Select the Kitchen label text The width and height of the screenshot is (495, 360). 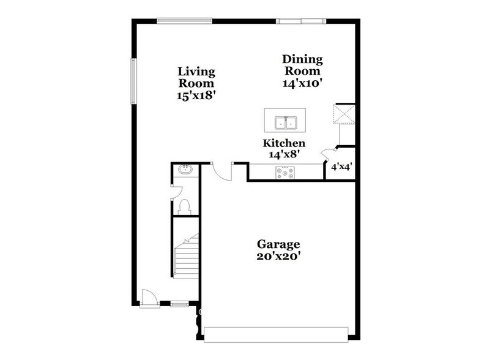[x=284, y=143]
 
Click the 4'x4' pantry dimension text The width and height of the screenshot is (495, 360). [x=341, y=167]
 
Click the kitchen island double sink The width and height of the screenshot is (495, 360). [x=287, y=122]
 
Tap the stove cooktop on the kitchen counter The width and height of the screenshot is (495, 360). [x=286, y=174]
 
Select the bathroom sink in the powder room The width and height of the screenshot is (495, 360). [x=184, y=170]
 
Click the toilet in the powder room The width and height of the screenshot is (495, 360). [x=185, y=206]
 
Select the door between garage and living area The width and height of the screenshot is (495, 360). [x=222, y=171]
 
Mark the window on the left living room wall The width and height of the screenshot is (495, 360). [x=133, y=81]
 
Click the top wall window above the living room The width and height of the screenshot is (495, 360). [x=184, y=21]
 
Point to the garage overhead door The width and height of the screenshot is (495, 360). [x=276, y=334]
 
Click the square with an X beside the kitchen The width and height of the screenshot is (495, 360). [x=343, y=113]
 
